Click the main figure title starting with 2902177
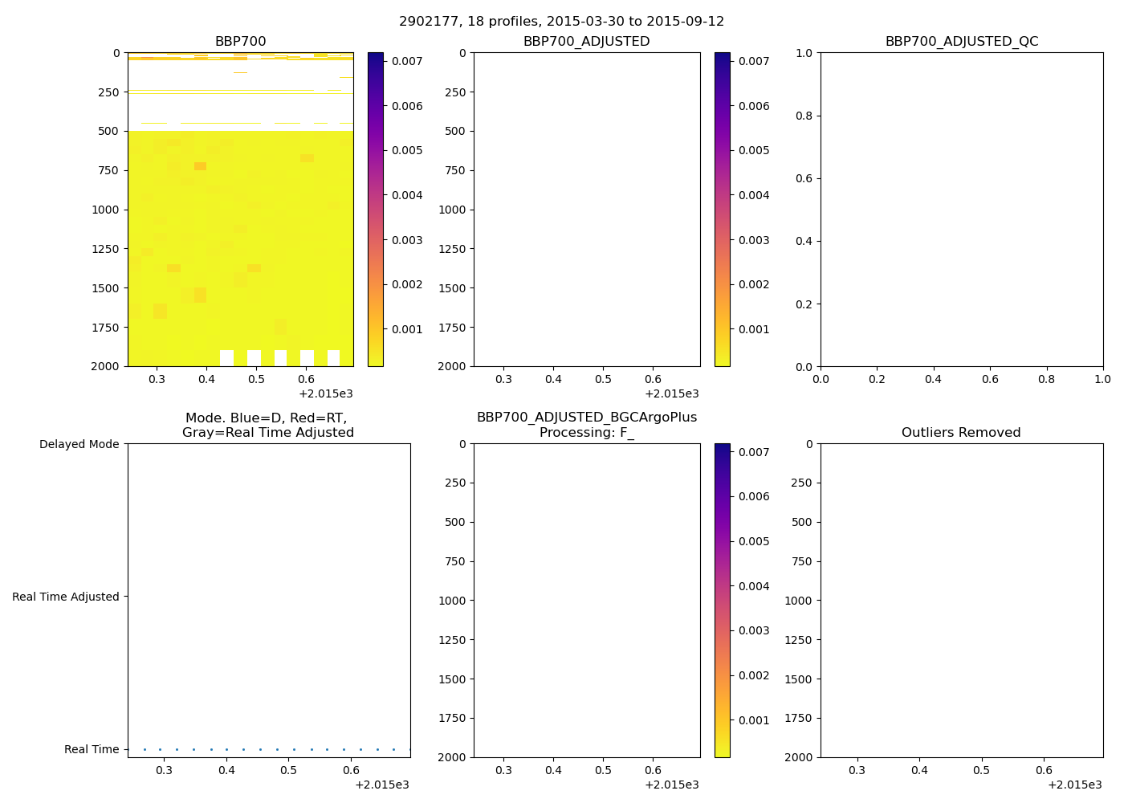pos(561,21)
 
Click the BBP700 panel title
pos(240,41)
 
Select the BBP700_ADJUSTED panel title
pos(586,41)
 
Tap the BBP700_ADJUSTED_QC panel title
pos(961,41)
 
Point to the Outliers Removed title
pos(961,432)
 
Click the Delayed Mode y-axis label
pos(79,444)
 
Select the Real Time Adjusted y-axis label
pos(65,597)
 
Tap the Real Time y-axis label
pos(92,749)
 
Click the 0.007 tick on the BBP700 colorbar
pos(407,61)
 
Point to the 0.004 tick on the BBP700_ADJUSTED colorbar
pos(754,195)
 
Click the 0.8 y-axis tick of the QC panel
pos(803,116)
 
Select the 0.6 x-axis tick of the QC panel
pos(991,379)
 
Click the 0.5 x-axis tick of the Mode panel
pos(288,770)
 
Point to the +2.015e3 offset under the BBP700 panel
pos(326,393)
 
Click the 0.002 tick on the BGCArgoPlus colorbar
pos(754,675)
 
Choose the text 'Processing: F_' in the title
pos(586,432)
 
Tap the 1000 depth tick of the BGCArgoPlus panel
pos(451,601)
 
